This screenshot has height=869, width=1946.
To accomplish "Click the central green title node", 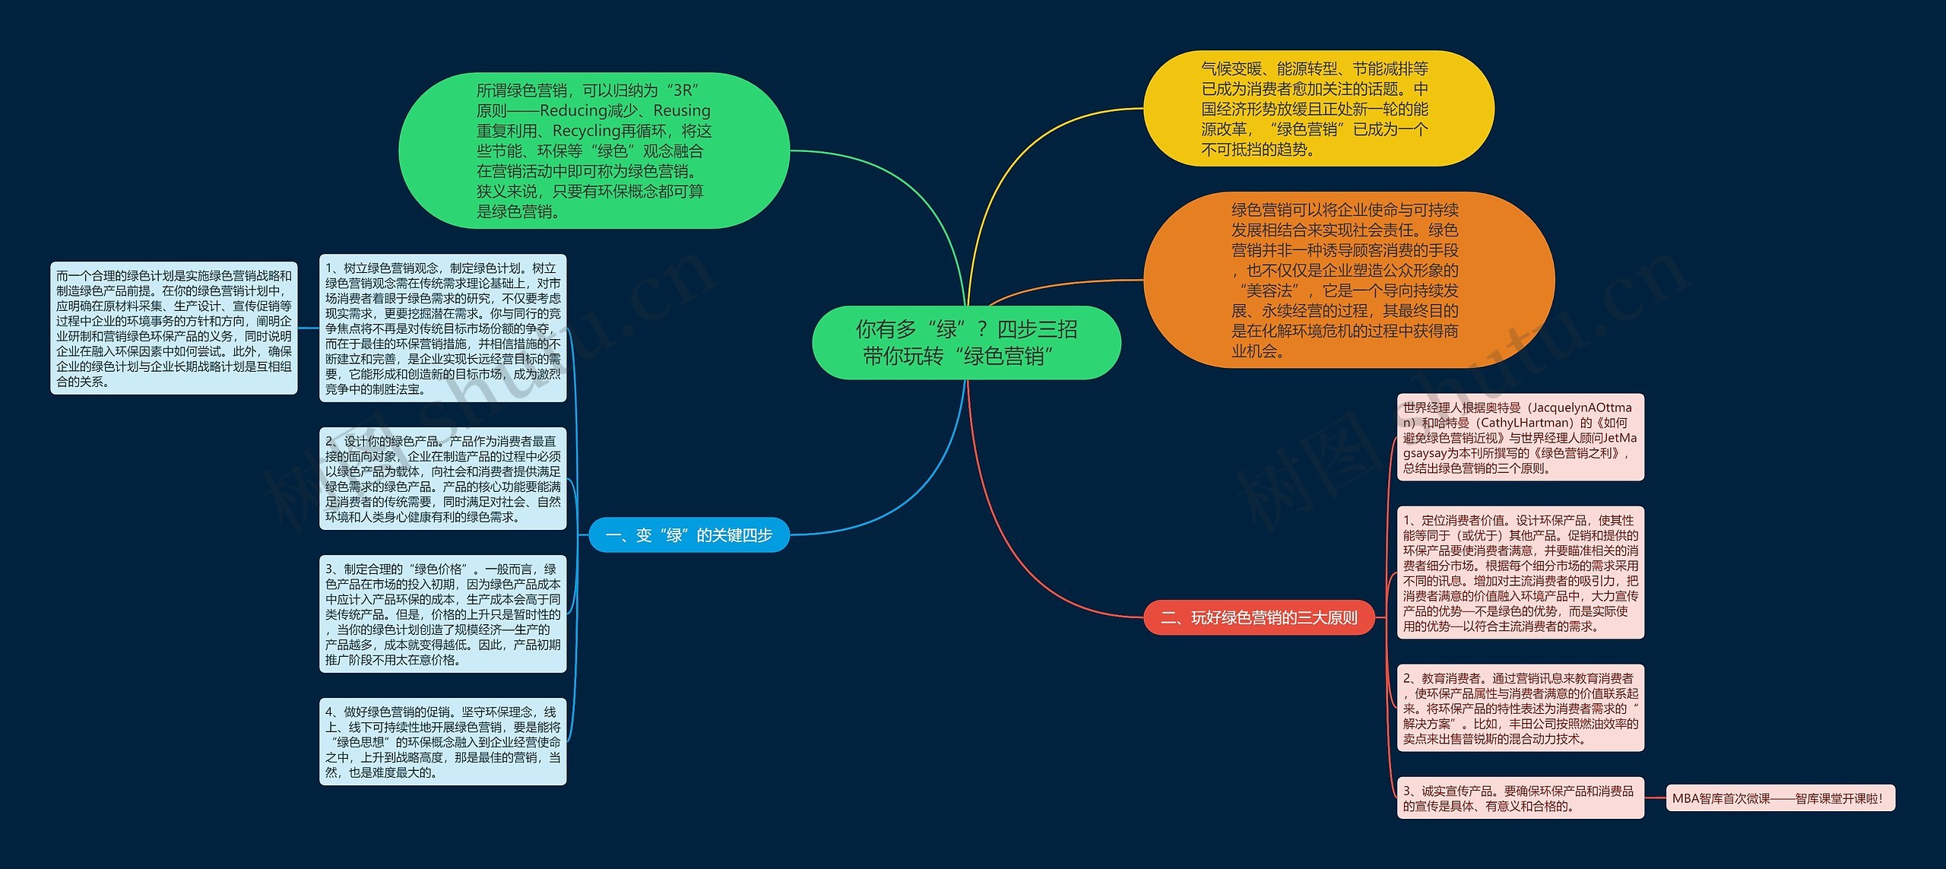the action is coord(966,342).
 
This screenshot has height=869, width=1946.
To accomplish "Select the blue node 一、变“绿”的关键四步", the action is coord(689,535).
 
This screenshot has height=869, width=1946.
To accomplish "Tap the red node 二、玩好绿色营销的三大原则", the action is coord(1260,617).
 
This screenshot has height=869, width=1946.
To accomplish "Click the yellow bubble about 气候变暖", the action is coord(1318,109).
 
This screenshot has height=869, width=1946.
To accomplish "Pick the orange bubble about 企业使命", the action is coord(1348,280).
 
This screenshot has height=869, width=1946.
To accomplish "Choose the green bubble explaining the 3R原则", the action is coord(594,151).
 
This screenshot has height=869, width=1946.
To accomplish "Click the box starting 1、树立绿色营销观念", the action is coord(442,328).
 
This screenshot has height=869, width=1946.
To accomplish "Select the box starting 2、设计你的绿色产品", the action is coord(442,478).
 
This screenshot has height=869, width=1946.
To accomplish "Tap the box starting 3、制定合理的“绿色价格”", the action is coord(442,614).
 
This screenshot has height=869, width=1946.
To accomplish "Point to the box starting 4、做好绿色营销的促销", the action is coord(442,741).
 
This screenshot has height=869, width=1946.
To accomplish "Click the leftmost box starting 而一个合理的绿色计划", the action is coord(173,328).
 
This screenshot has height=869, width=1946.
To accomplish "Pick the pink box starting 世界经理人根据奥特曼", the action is coord(1520,437).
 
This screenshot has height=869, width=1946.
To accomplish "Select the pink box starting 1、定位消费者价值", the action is coord(1520,572).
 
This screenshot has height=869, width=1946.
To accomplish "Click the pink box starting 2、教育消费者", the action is coord(1520,708).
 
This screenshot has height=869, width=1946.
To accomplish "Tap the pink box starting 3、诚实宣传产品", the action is coord(1520,798).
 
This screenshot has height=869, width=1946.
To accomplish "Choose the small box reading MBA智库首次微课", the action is coord(1780,798).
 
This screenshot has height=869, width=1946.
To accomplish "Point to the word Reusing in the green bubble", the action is coord(681,111).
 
